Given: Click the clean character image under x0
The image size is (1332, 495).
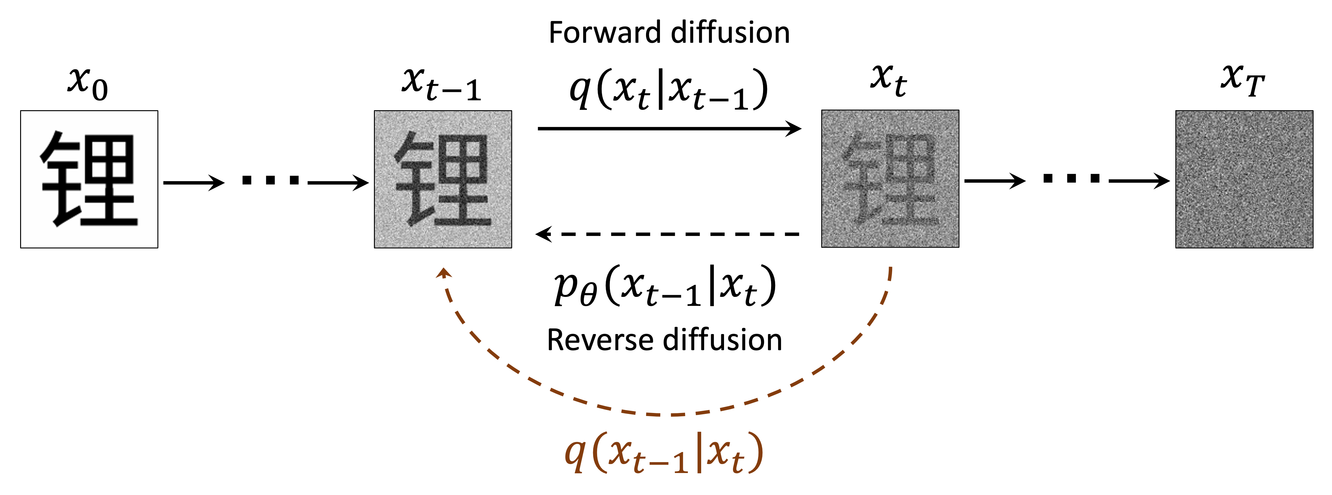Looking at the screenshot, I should tap(89, 179).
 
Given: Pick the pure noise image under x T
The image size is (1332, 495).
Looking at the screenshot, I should tap(1244, 179).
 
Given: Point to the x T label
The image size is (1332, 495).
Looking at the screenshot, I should tap(1242, 80).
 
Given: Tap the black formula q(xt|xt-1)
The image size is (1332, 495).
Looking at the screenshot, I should tap(668, 89).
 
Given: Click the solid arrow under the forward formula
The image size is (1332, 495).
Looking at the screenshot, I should tap(669, 128).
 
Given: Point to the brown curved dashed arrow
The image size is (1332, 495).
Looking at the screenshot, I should tap(667, 414).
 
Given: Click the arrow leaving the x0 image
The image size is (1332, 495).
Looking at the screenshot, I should tap(193, 182).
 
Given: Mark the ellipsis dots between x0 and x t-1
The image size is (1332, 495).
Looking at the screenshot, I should tap(271, 180).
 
